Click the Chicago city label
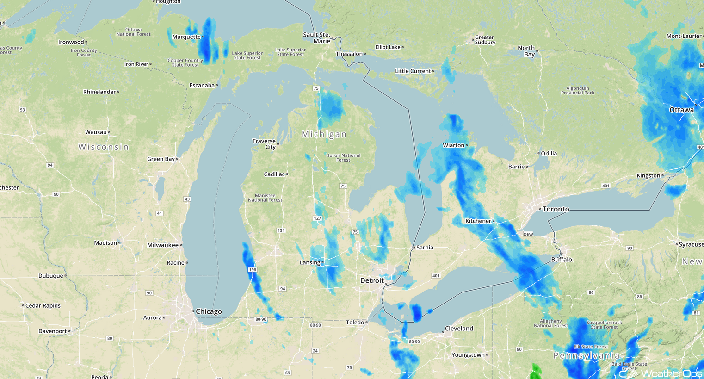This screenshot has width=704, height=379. (x=209, y=311)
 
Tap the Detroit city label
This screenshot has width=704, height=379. (x=372, y=280)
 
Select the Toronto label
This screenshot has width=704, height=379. (x=556, y=209)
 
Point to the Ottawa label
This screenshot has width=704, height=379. (x=681, y=110)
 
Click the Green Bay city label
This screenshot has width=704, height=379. (x=161, y=159)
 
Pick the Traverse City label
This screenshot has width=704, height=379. (x=264, y=144)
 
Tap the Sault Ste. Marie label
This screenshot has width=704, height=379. (x=317, y=38)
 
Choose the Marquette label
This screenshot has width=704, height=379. (x=186, y=37)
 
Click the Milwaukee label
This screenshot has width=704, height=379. (x=162, y=245)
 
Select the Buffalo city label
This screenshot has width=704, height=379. (x=562, y=260)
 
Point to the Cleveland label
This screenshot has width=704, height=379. (x=459, y=329)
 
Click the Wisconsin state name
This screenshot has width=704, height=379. (x=104, y=147)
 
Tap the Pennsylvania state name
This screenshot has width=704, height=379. (x=587, y=356)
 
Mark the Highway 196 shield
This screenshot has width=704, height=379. (x=252, y=270)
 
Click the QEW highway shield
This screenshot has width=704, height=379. (x=528, y=234)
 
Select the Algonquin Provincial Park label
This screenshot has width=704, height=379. (x=578, y=90)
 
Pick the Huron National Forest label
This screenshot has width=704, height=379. (x=343, y=158)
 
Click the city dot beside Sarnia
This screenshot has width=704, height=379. (x=414, y=248)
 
